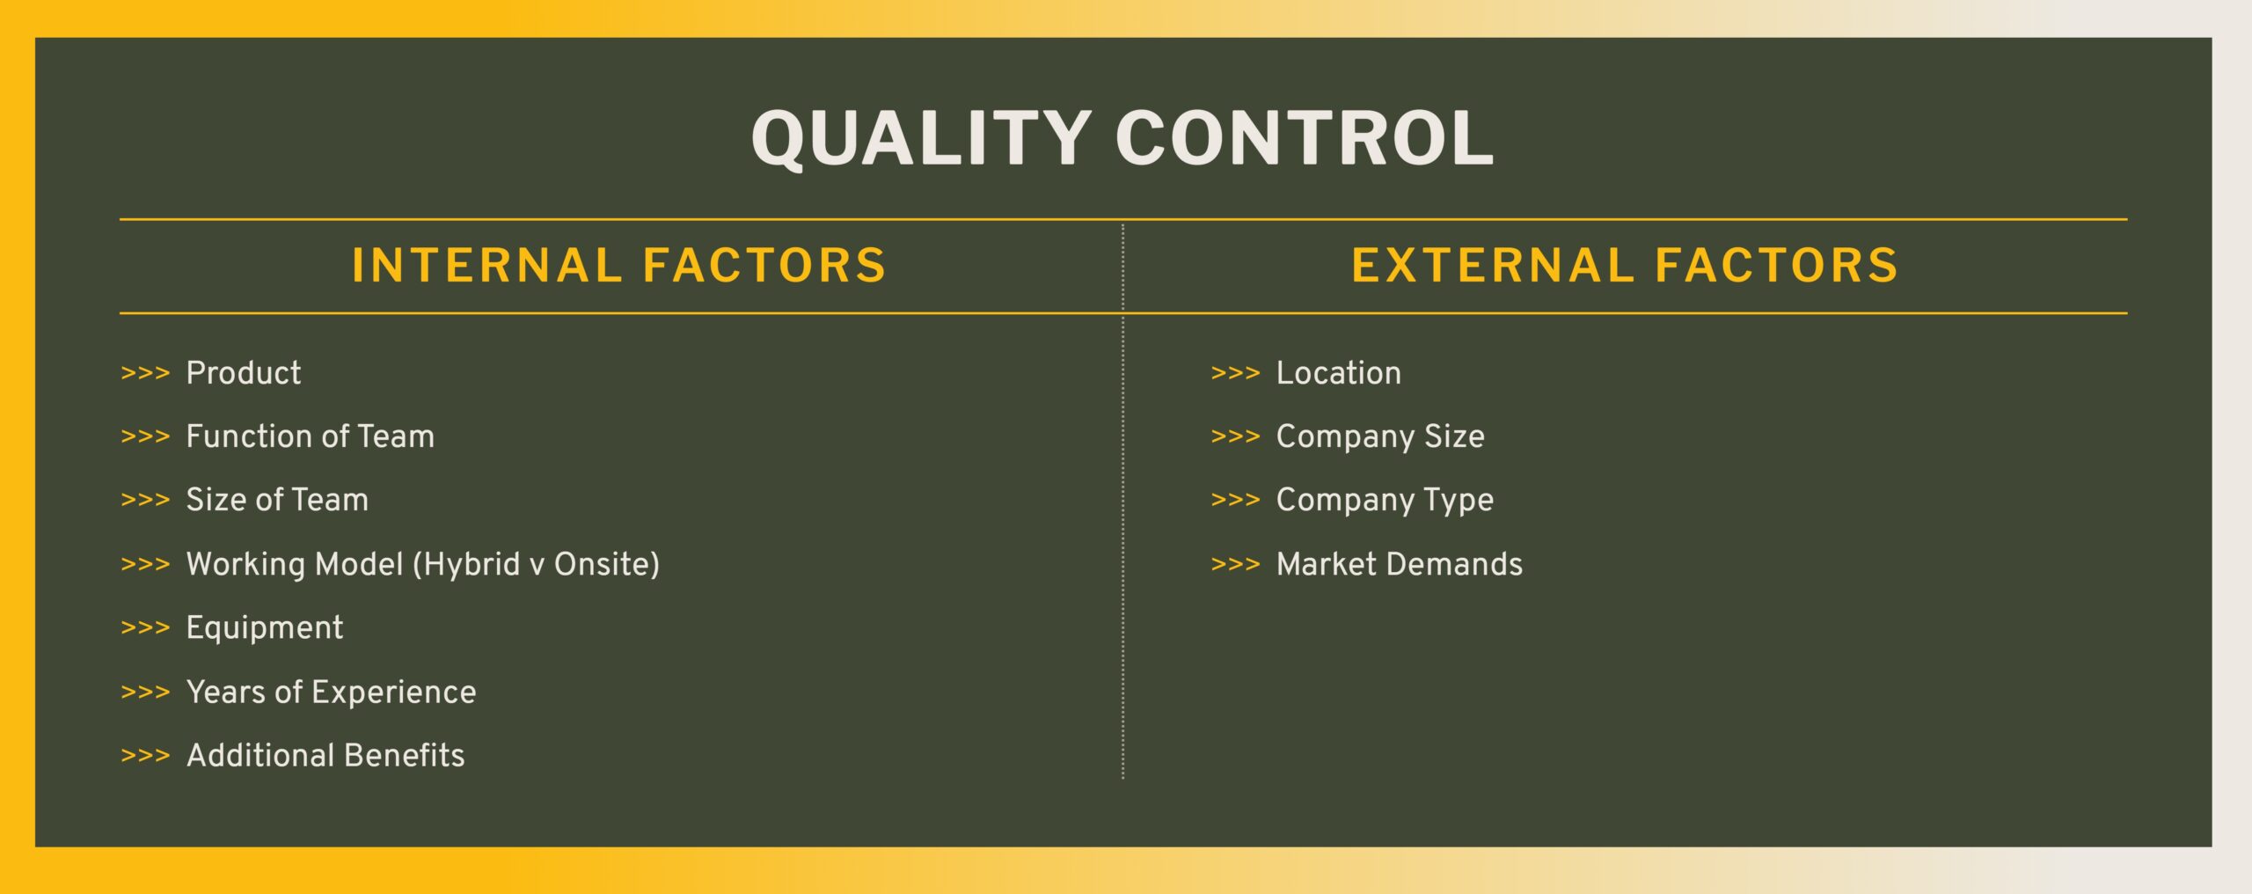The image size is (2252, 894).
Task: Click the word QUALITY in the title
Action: coord(921,139)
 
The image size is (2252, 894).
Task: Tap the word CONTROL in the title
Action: coord(1305,139)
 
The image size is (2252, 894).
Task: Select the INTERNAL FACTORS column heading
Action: coord(619,266)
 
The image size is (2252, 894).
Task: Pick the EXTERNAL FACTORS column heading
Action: coord(1625,266)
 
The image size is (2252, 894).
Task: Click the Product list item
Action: coord(244,373)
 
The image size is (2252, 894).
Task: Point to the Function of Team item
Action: coord(311,436)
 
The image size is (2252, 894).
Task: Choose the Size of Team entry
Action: coord(277,500)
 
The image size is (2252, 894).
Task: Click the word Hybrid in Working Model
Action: coord(472,564)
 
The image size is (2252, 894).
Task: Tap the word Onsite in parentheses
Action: coord(602,564)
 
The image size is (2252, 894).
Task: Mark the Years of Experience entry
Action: coord(332,692)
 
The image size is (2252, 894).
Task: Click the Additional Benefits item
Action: coord(325,756)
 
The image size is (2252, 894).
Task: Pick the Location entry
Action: coord(1339,373)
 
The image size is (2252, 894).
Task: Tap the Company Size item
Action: coord(1380,437)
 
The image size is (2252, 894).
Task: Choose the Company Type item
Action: coord(1385,501)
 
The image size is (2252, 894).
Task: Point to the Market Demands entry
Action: coord(1400,564)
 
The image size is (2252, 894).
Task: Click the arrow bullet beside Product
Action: coord(145,373)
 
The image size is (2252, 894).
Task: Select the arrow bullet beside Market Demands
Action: coord(1236,564)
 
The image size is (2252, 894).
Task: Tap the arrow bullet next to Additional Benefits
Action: coord(145,756)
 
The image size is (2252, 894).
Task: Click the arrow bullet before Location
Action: coord(1236,373)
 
